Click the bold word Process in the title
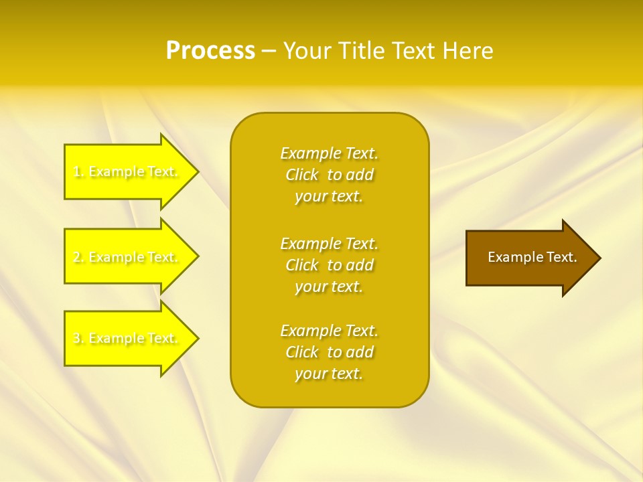210,51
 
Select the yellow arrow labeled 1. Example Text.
127,171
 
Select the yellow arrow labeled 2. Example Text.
127,257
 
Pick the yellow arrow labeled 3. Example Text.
127,338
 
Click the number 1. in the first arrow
78,171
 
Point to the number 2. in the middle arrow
78,257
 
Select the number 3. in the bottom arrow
78,338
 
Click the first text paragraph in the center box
330,175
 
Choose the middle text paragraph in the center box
330,265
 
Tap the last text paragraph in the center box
330,352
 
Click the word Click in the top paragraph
302,175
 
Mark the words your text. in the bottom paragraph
329,374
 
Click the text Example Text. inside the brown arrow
532,257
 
